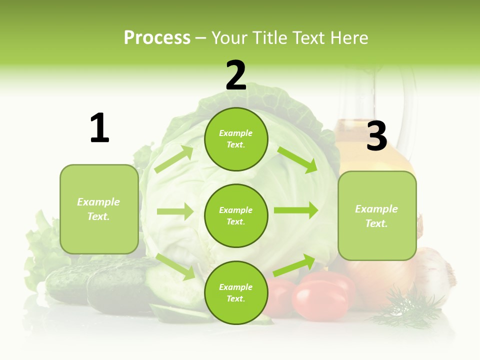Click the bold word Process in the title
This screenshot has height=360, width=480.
click(x=157, y=38)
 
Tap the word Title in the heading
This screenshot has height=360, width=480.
click(x=270, y=38)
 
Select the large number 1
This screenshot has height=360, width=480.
click(x=99, y=128)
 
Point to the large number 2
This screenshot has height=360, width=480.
click(x=236, y=75)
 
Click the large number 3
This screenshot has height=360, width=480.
click(x=376, y=136)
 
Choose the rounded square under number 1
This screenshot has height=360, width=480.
click(x=99, y=209)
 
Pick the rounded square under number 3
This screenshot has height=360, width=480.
click(x=377, y=216)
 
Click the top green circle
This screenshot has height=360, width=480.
click(x=236, y=139)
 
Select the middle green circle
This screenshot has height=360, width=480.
click(x=236, y=215)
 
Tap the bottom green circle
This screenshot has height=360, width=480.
click(x=236, y=292)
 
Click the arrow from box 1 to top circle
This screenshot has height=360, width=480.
click(x=174, y=159)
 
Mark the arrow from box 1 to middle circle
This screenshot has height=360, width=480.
click(x=175, y=211)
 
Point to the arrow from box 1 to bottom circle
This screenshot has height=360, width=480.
click(x=175, y=266)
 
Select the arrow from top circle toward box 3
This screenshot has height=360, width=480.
click(x=297, y=159)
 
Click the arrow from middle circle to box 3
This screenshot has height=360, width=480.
click(x=296, y=210)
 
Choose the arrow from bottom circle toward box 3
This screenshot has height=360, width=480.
click(x=294, y=265)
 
